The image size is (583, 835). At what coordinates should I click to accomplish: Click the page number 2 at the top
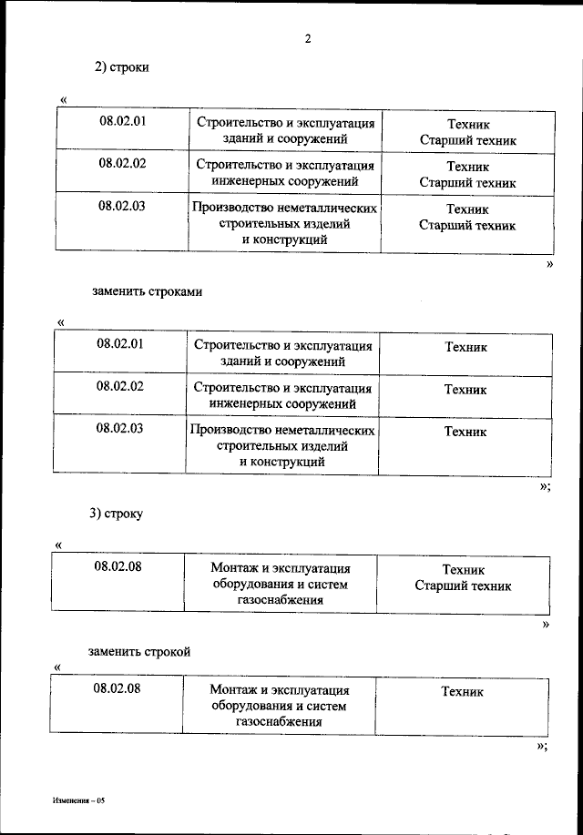[308, 38]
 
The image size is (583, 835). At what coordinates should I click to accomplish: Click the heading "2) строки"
[122, 67]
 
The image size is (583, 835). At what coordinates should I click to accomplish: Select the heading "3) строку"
[116, 514]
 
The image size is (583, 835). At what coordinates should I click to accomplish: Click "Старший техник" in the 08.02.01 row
[467, 140]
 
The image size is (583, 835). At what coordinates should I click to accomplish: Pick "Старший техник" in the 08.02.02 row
[467, 182]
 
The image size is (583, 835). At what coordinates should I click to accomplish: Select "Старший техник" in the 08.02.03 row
[467, 224]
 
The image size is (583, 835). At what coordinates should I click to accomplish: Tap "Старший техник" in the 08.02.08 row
[463, 586]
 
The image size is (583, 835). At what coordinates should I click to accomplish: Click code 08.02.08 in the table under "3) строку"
[118, 565]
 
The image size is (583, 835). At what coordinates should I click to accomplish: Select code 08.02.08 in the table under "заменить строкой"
[117, 687]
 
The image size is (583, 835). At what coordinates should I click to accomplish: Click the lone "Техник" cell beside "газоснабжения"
[463, 692]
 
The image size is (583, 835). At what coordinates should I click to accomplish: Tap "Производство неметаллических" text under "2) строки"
[284, 208]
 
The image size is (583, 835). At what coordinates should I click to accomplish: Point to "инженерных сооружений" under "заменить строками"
[282, 404]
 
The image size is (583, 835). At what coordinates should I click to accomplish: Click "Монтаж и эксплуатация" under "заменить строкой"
[279, 690]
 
